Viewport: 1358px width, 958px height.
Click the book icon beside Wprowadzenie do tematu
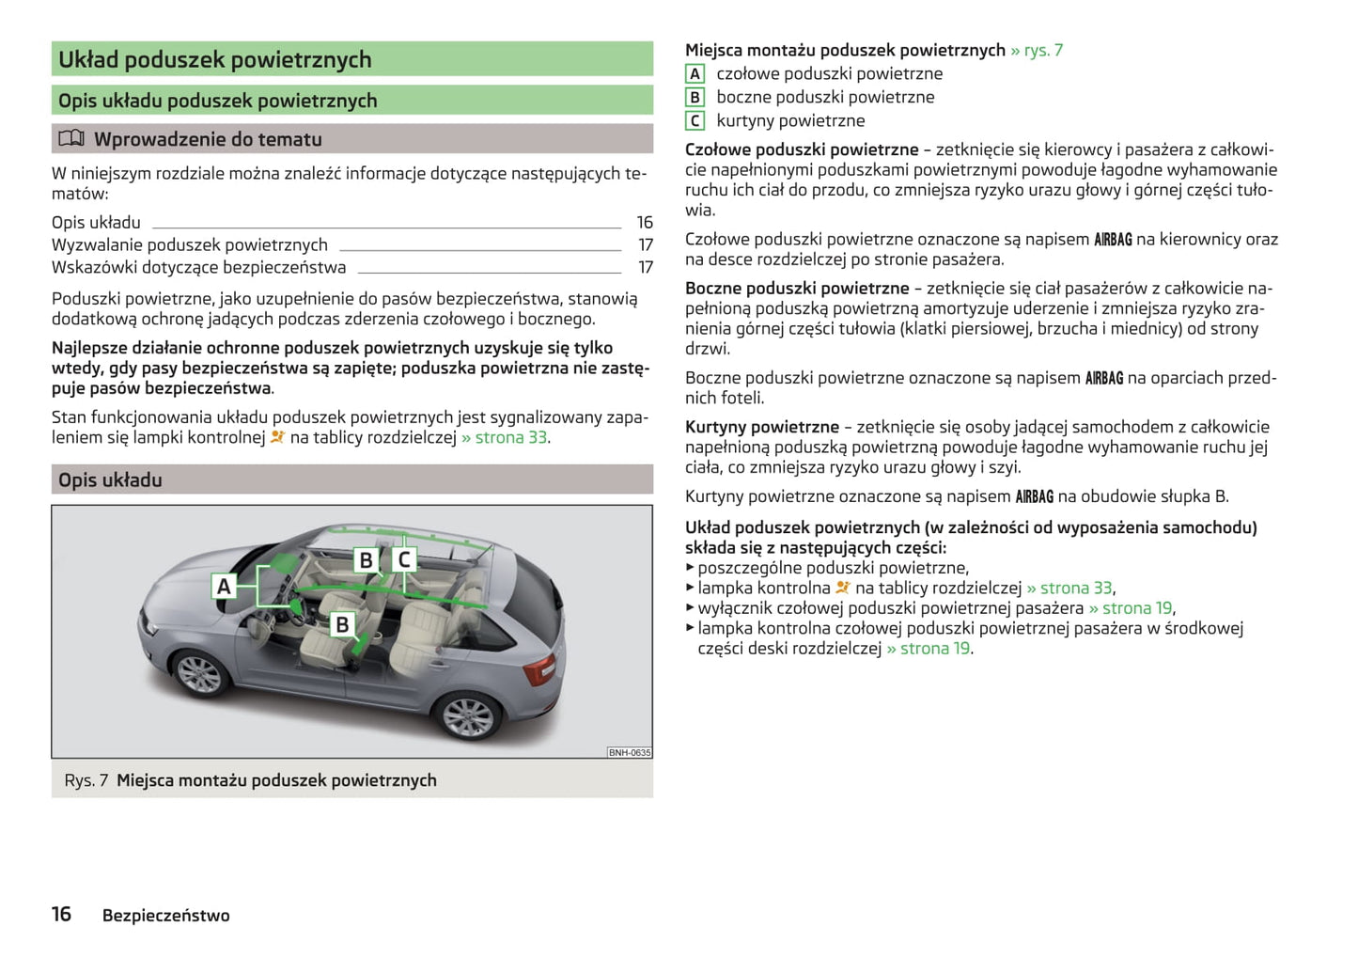coord(71,139)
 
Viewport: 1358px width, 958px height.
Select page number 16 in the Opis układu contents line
coord(645,223)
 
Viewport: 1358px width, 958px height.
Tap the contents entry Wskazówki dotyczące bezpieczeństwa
coord(198,268)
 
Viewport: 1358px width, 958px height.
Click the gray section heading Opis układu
coord(110,480)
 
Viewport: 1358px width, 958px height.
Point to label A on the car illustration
coord(224,587)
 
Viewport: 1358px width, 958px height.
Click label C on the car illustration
coord(404,560)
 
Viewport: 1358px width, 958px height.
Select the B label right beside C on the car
coord(366,560)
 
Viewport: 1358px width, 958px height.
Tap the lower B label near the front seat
coord(342,624)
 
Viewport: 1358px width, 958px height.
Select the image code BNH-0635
coord(629,752)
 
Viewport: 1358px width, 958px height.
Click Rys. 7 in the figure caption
coord(86,780)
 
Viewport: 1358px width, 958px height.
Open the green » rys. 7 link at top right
coord(1037,51)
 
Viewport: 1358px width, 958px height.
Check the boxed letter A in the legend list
coord(695,74)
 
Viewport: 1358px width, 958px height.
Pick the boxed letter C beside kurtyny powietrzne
coord(695,120)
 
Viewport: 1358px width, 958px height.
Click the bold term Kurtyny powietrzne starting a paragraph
coord(761,428)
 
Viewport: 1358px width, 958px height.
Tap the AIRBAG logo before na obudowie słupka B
coord(1034,496)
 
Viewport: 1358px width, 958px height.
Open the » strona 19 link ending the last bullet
coord(929,649)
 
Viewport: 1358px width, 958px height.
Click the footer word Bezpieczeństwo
coord(165,916)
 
